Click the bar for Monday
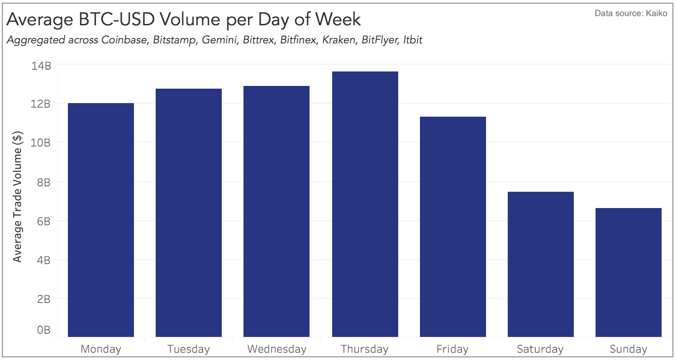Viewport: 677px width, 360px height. (100, 220)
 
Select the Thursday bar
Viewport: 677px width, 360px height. (365, 204)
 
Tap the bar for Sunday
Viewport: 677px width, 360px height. (628, 272)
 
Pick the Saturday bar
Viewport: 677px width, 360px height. (540, 264)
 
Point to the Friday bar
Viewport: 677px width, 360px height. (453, 227)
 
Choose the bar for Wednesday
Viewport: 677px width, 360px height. (276, 211)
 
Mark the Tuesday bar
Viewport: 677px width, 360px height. (188, 213)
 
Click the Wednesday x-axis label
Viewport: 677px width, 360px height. (277, 349)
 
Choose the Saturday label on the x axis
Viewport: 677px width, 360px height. (540, 349)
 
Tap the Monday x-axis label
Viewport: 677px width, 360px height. (100, 349)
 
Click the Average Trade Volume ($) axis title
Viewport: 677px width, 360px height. (18, 197)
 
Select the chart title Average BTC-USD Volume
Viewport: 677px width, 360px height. (183, 19)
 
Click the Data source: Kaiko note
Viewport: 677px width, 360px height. (630, 13)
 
